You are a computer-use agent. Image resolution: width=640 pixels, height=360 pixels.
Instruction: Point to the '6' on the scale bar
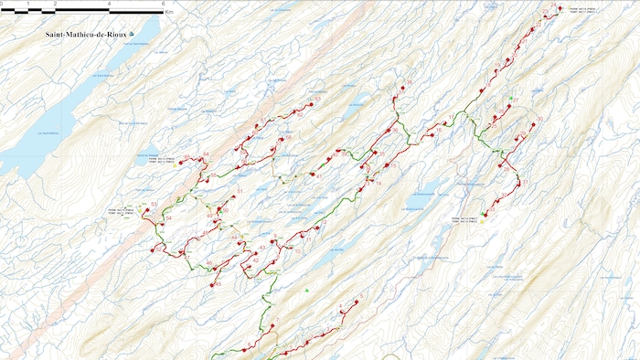(163, 5)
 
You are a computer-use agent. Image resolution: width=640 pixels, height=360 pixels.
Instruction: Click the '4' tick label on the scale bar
(110, 5)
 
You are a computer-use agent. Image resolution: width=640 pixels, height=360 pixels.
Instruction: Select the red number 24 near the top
(545, 12)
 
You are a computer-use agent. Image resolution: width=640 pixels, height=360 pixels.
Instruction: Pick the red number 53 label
(155, 204)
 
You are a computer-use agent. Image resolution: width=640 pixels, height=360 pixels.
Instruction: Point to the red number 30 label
(539, 119)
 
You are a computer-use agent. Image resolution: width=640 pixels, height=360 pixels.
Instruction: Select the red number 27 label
(515, 100)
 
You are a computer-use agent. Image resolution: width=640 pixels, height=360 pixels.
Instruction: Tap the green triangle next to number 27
(508, 98)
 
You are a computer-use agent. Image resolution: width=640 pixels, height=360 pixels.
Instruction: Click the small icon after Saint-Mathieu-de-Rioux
(133, 34)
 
